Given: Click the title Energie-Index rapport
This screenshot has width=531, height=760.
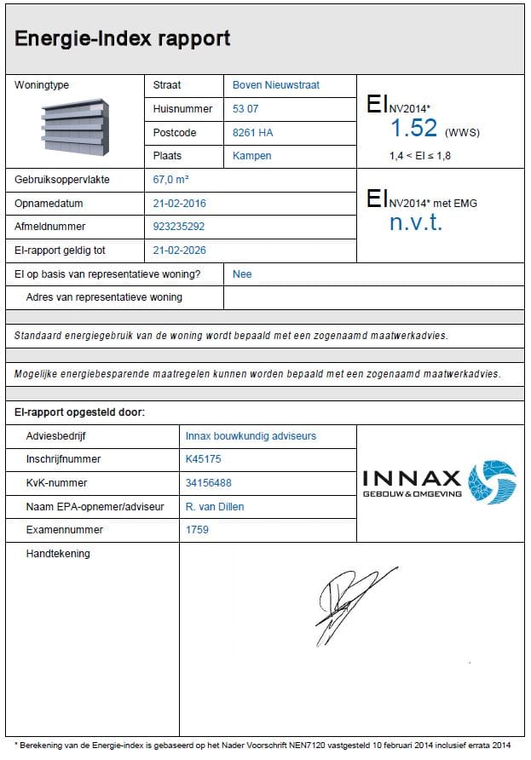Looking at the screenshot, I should point(122,38).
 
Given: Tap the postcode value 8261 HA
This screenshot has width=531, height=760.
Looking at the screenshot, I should point(252,133).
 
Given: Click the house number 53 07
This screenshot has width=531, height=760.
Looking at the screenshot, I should point(245,109).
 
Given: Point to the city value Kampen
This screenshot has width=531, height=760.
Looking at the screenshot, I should point(252,157).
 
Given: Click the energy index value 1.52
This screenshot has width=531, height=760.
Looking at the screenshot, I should point(413,129).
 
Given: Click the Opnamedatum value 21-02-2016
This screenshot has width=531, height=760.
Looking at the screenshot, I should point(179,204).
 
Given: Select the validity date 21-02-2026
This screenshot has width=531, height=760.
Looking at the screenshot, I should point(179,250).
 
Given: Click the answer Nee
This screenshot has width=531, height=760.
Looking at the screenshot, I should point(242,274).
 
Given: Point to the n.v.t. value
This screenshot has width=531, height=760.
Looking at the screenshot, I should point(416,223).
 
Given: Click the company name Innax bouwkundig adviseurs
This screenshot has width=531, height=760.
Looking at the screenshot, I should point(251,435).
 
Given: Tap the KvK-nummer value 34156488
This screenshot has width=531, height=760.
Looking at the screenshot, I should point(207,483).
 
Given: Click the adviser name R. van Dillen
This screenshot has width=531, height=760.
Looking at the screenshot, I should point(215,507).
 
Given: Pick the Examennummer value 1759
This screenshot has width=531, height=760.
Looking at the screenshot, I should point(197,530).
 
